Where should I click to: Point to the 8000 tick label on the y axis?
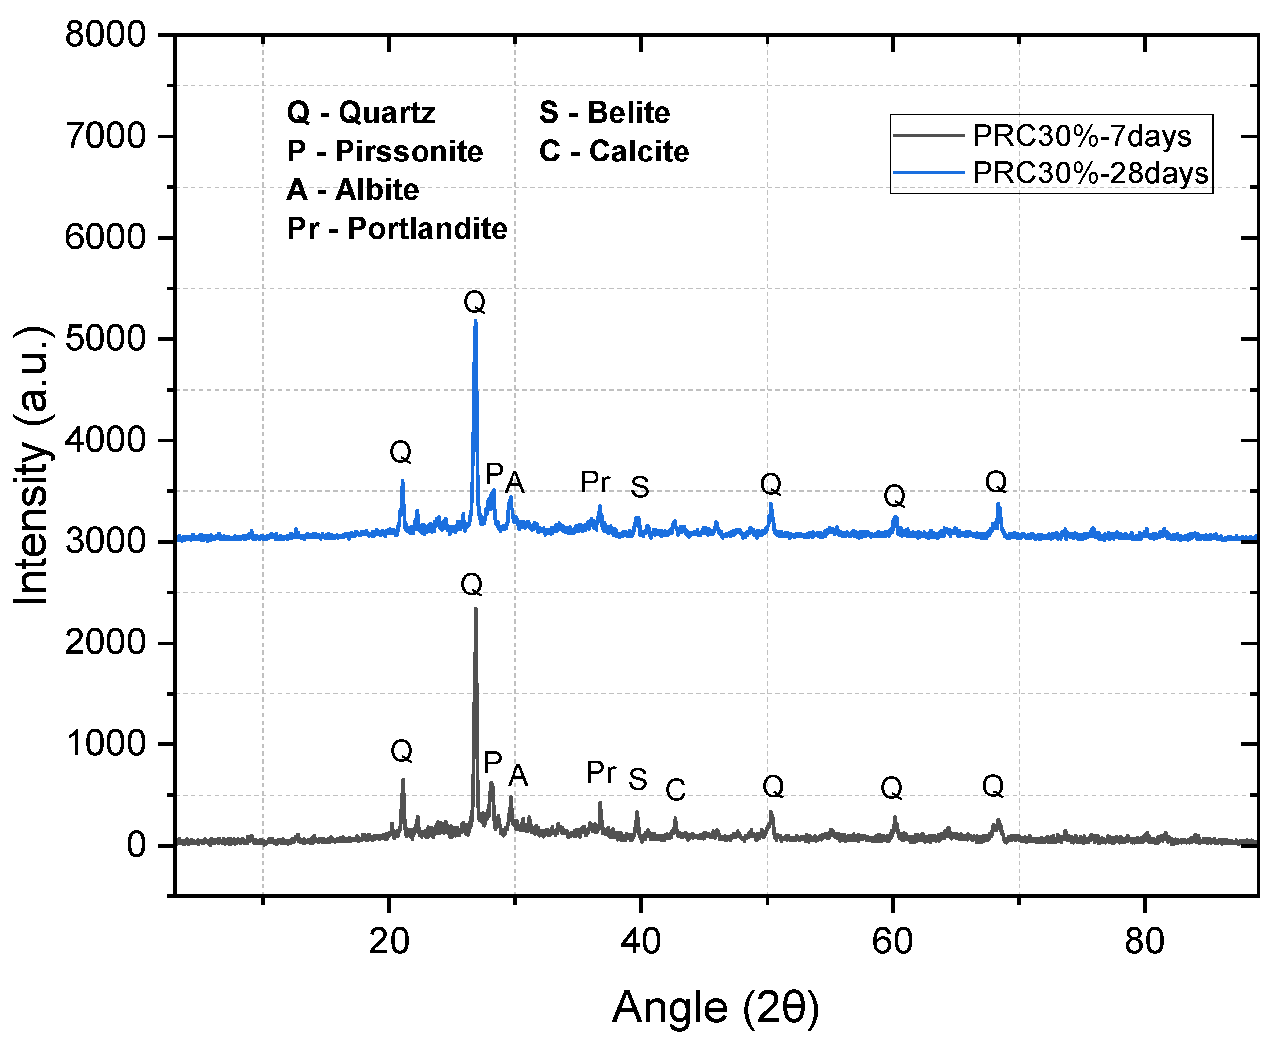105,34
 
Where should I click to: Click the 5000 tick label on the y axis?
105,339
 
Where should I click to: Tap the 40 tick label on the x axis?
641,942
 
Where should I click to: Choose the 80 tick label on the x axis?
1144,942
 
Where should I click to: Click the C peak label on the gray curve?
675,790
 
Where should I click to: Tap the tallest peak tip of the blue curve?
475,322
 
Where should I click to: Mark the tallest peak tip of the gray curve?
475,609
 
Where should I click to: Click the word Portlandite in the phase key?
427,229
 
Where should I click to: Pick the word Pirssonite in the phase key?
409,152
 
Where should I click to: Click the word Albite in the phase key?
377,190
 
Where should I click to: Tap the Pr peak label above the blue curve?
595,482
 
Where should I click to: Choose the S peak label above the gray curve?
638,779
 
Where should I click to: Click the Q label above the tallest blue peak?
474,302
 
